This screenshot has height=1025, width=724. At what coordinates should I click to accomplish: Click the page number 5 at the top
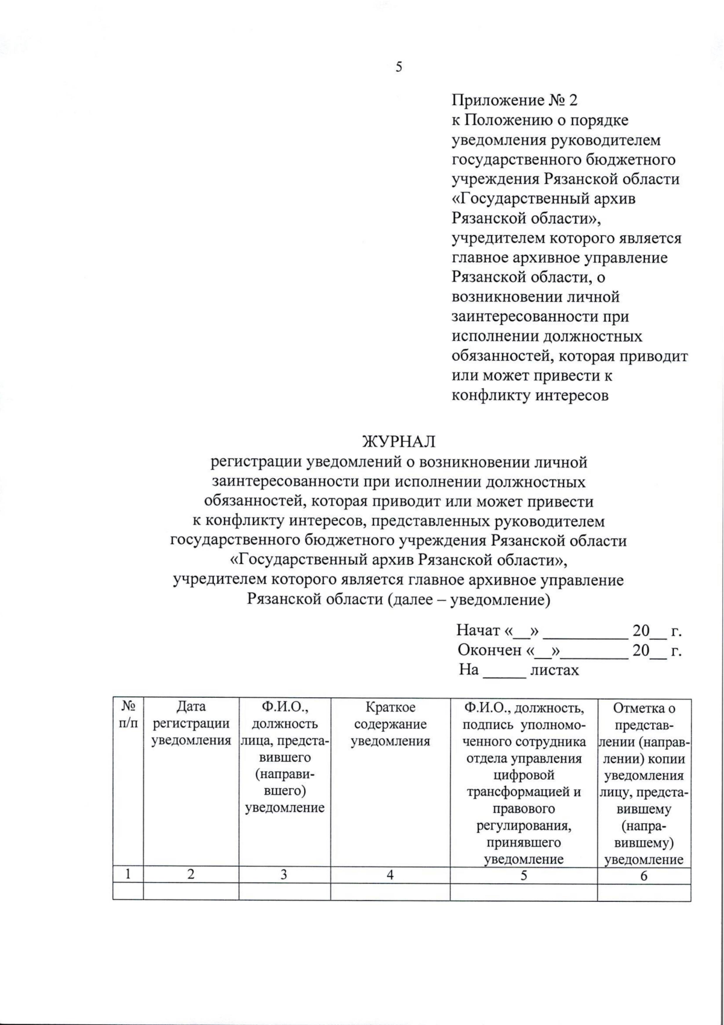398,67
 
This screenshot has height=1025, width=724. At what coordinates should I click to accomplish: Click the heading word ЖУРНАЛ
398,442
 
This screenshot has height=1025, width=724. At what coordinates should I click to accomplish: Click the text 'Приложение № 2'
515,101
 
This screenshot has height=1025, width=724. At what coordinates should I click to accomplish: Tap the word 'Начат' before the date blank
478,631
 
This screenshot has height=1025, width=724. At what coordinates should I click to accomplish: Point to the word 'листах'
554,670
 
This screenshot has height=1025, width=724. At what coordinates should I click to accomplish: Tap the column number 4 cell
390,875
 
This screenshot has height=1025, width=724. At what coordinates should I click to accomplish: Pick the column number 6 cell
644,875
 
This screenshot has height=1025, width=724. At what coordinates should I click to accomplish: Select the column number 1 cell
128,875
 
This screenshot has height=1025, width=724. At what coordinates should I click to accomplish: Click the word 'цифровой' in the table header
523,775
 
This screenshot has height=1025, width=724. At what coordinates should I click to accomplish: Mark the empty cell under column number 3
284,892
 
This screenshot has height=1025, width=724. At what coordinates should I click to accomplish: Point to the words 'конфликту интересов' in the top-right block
530,396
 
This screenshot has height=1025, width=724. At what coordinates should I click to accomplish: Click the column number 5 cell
523,875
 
